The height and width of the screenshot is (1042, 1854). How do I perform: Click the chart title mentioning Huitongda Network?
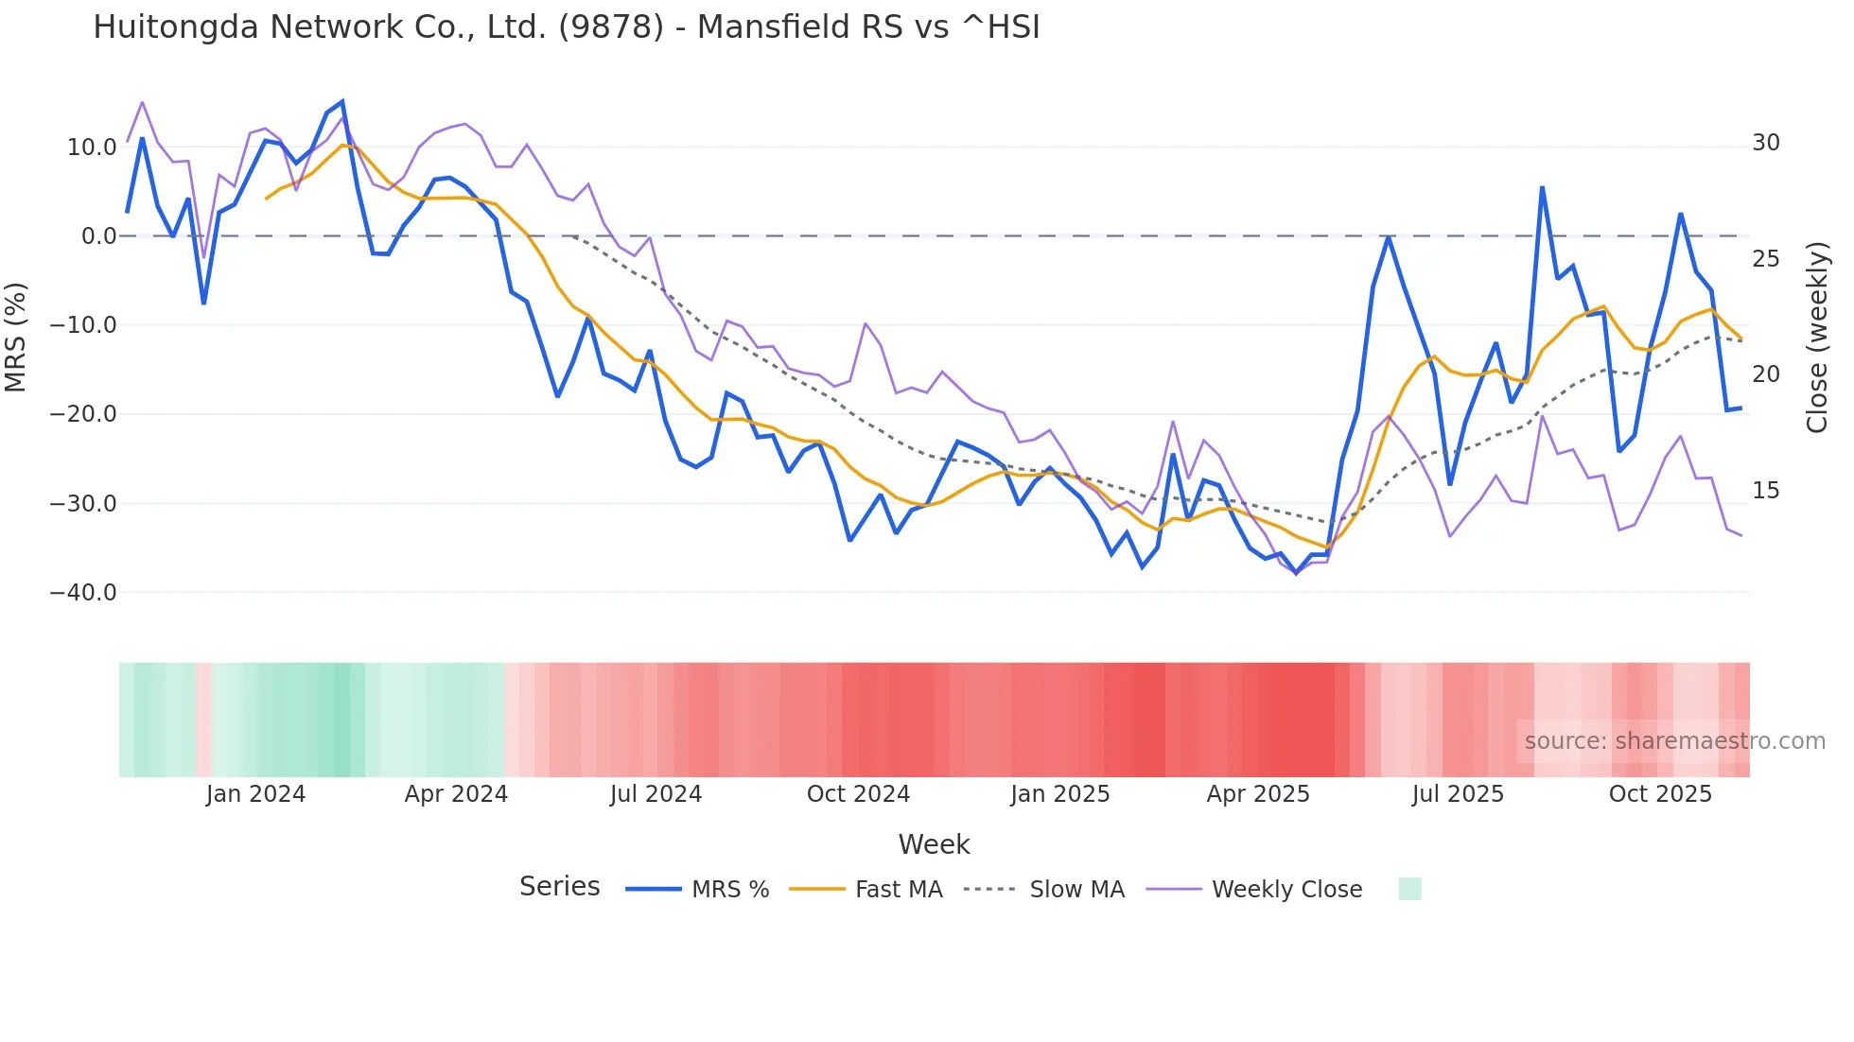(566, 27)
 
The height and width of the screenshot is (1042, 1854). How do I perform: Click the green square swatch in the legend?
(1409, 889)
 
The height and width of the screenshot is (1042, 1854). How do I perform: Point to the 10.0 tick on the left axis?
(92, 148)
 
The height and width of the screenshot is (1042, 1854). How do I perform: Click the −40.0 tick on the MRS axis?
(83, 593)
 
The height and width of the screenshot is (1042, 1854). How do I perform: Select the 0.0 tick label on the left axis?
(98, 236)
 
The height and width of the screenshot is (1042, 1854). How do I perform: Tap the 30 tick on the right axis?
(1766, 143)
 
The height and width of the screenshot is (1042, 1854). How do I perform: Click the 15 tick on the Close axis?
(1766, 491)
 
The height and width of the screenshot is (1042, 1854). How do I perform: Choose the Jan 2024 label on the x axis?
(255, 794)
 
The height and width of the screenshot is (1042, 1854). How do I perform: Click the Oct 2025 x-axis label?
(1660, 794)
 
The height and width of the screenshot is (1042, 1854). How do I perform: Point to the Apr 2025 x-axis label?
(1258, 794)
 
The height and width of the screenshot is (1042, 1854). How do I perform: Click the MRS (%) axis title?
(16, 337)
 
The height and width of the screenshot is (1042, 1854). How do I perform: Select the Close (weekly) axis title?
(1817, 338)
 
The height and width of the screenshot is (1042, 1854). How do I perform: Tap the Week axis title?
(934, 844)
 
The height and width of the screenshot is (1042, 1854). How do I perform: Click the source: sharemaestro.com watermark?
(1674, 741)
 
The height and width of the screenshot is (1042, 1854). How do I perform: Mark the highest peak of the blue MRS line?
(342, 101)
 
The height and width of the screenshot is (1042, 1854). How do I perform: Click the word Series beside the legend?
(559, 887)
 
